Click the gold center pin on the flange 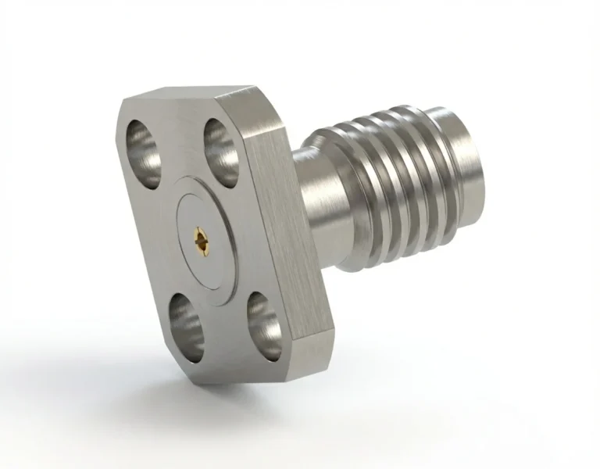pos(201,239)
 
